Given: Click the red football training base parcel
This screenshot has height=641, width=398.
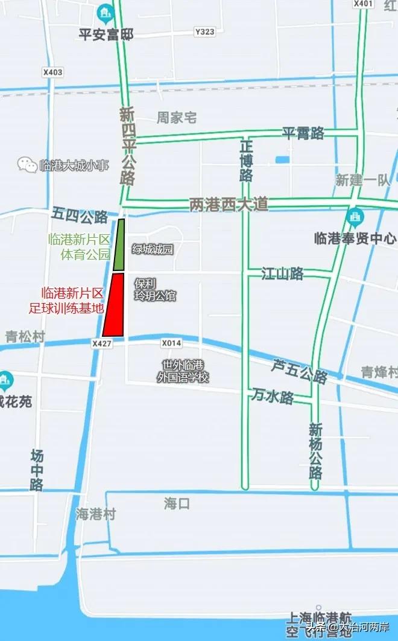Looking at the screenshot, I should pos(114,305).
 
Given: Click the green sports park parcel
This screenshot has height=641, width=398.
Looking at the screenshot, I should pos(119,245).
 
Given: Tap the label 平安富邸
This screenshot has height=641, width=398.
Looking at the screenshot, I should pos(106,34).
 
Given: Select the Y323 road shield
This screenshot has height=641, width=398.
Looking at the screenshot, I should pos(204,31).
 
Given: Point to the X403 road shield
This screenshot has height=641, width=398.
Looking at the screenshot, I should pos(52,72).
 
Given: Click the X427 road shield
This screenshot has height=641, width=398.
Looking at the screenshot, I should pos(102,343).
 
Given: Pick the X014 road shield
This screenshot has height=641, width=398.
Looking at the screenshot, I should pos(171,343).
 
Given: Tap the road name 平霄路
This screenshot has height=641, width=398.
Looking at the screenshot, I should pos(303,133).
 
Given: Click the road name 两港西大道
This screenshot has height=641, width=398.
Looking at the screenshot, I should pos(229,204).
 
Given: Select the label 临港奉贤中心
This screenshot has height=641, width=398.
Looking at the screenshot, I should pos(355,238).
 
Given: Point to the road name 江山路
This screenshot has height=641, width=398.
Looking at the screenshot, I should pos(282,273).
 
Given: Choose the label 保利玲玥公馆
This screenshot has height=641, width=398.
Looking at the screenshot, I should pos(155,290).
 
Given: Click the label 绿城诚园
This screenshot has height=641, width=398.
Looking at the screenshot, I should pos(153,249).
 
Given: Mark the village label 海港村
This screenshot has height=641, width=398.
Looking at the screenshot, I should pos(95,514).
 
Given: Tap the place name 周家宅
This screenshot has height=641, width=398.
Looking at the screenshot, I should pos(177,117).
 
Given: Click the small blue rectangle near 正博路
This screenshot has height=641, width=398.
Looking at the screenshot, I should pos(282,160).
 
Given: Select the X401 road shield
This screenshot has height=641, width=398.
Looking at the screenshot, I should pos(363,4).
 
